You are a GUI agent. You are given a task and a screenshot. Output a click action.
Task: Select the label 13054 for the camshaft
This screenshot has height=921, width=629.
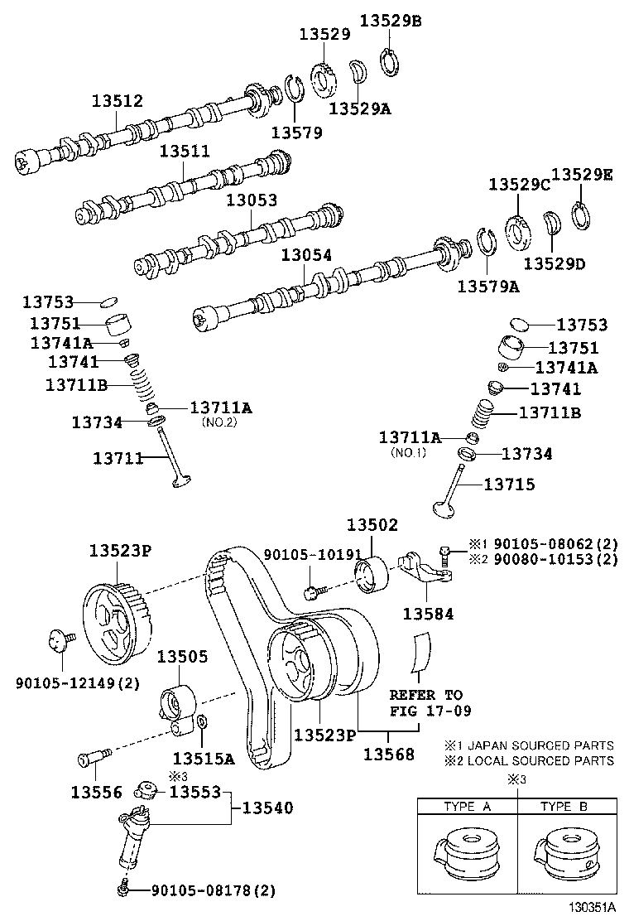[x=306, y=258]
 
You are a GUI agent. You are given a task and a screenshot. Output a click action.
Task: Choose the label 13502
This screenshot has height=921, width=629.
[x=372, y=525]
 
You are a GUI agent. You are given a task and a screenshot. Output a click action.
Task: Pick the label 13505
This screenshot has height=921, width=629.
[x=183, y=657]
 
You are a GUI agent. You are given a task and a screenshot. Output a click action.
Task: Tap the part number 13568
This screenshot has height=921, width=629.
[x=388, y=755]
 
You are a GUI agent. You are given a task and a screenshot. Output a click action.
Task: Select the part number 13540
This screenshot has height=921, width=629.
[x=267, y=808]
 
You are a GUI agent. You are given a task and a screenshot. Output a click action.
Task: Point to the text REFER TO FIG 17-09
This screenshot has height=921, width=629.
[x=426, y=702]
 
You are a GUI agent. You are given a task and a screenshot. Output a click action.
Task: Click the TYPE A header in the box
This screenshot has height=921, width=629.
[x=467, y=806]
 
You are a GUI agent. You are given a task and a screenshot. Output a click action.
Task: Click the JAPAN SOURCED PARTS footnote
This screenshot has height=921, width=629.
[x=530, y=745]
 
